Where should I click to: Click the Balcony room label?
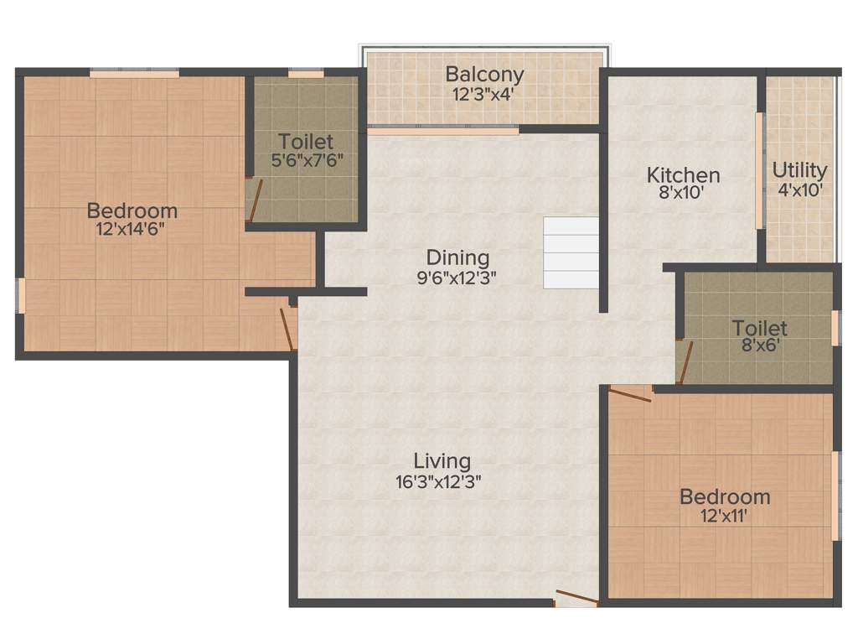[x=484, y=74]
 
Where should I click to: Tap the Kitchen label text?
[x=683, y=175]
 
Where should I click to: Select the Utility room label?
[x=799, y=170]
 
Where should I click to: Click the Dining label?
[x=457, y=257]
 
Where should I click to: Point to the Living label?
[x=442, y=460]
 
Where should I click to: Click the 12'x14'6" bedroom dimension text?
[x=132, y=229]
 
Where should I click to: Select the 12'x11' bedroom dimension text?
[x=724, y=516]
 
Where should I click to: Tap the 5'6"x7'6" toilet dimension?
[x=306, y=159]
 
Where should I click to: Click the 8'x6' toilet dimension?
[x=759, y=345]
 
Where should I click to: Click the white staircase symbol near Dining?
[x=571, y=252]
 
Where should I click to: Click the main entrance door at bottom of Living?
[x=576, y=598]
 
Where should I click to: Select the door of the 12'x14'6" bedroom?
[x=287, y=328]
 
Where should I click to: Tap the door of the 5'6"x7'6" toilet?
[x=255, y=201]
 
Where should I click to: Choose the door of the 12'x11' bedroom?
[x=630, y=393]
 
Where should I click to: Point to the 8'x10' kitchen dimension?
[x=683, y=192]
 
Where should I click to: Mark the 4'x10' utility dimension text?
[x=799, y=190]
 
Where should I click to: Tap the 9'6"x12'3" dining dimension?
[x=457, y=278]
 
